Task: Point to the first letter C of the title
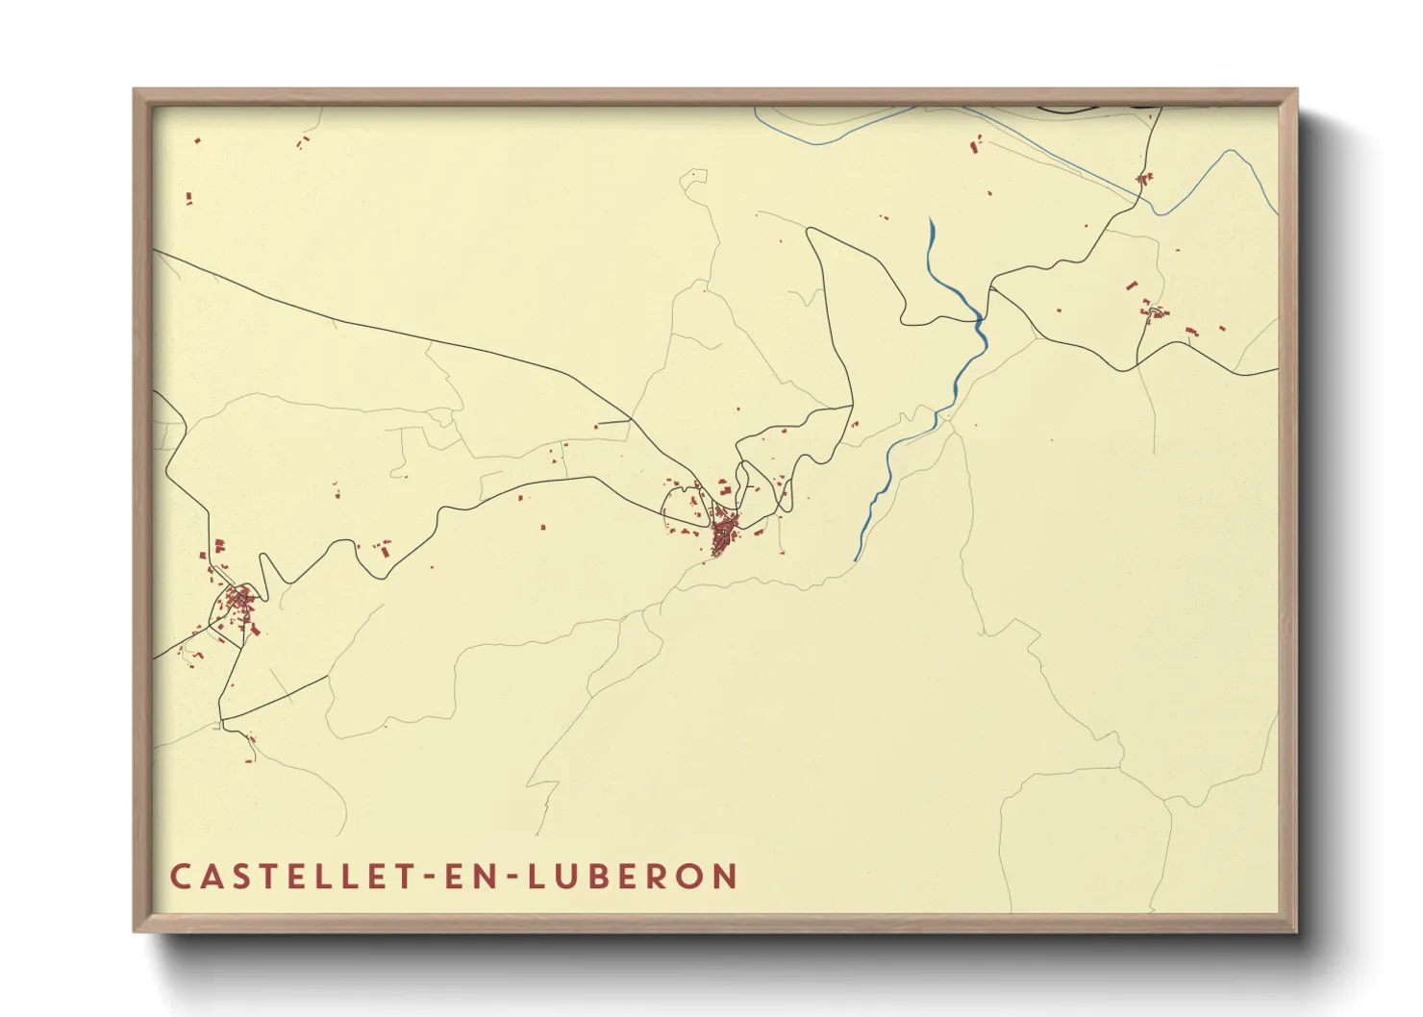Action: coord(180,877)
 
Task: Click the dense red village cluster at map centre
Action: coord(723,533)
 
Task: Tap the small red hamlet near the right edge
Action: coord(1155,311)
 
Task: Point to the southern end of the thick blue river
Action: coord(856,558)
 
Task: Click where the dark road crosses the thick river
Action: coord(980,316)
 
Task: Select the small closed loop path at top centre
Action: coord(693,178)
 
